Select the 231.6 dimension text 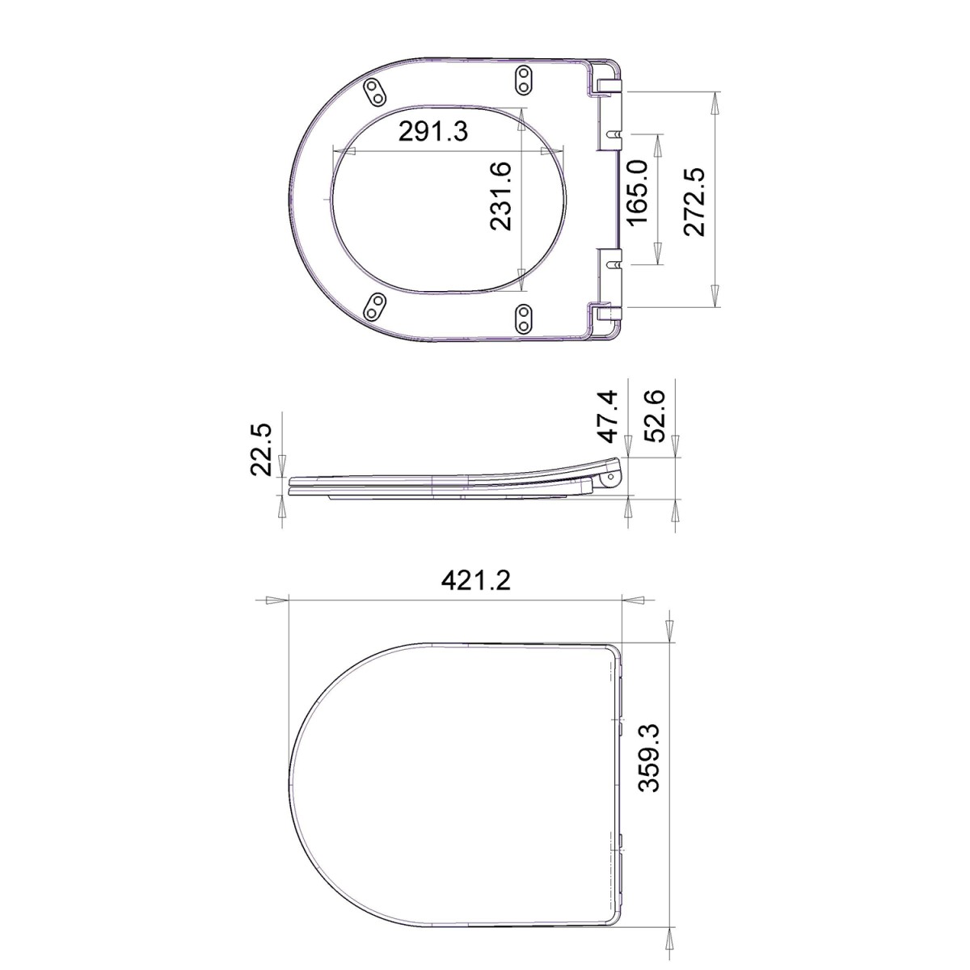(500, 196)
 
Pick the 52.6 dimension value (656, 415)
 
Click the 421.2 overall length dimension (477, 581)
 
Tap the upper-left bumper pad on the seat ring (375, 91)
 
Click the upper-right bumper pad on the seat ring (525, 79)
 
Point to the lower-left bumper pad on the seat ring (375, 306)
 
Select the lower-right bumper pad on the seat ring (525, 317)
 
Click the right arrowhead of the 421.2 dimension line (633, 601)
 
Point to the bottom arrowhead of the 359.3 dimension (670, 913)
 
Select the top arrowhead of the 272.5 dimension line (715, 103)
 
